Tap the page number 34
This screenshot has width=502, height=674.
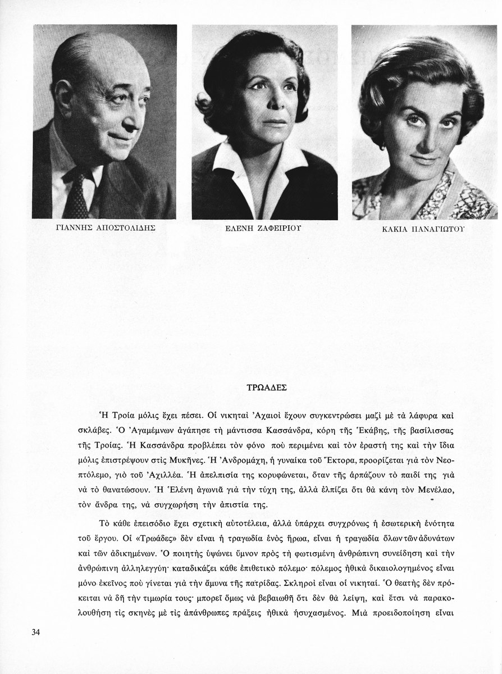point(36,632)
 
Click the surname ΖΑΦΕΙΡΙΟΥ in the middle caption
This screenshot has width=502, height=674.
point(277,229)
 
